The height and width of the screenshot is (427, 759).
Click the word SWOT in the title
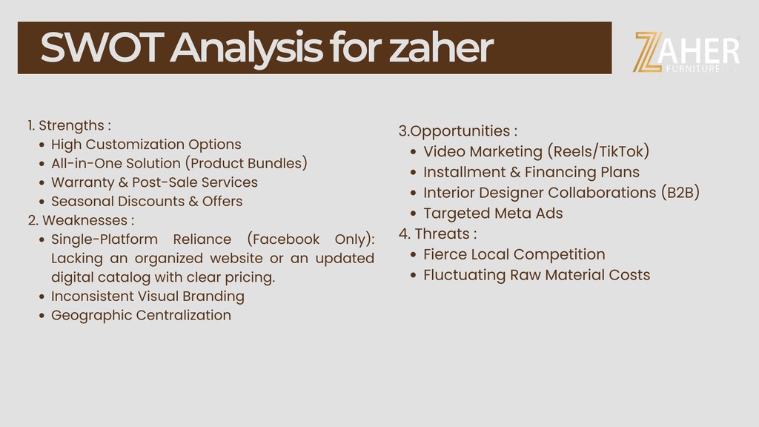(102, 47)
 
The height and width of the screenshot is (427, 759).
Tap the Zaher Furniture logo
(686, 53)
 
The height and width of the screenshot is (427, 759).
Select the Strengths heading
(69, 125)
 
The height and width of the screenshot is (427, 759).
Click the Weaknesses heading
(81, 220)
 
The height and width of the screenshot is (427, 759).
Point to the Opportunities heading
(458, 131)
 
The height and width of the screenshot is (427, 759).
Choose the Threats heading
(437, 234)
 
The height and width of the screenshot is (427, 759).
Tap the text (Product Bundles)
(246, 163)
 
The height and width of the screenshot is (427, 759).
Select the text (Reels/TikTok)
(598, 151)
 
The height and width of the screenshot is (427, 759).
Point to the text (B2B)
(680, 193)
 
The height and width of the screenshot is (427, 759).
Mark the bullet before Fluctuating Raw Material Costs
(413, 276)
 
